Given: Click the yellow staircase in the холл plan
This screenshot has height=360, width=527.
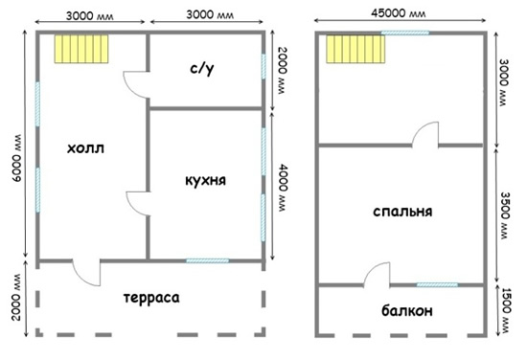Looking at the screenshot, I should point(81,49).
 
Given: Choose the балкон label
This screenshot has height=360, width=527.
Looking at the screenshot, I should point(399,311).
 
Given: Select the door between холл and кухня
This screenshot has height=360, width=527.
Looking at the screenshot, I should point(137,204).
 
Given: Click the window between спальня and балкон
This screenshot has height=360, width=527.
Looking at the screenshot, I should point(435,284).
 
